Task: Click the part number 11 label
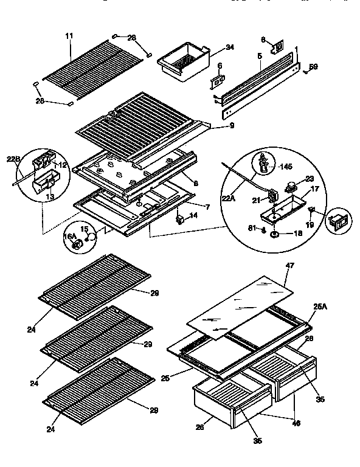point(68,36)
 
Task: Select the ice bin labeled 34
point(182,61)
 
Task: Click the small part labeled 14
point(181,218)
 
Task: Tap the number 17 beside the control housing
point(315,190)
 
